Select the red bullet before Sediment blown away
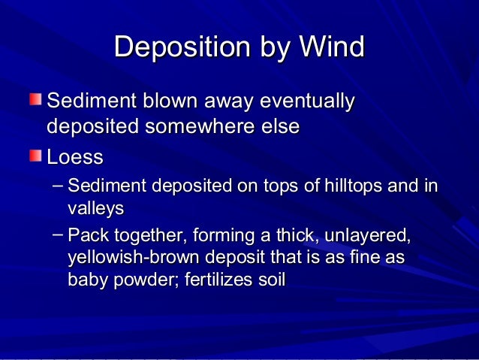[36, 99]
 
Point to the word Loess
[74, 159]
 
